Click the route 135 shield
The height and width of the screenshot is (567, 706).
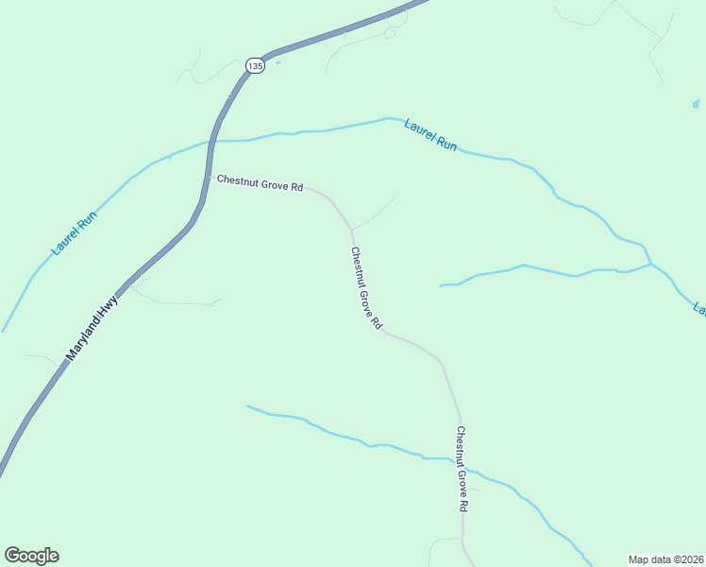(254, 65)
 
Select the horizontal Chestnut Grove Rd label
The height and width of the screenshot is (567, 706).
(260, 183)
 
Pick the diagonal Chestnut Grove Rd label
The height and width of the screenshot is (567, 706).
(365, 288)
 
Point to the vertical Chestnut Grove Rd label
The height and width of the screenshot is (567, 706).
(462, 469)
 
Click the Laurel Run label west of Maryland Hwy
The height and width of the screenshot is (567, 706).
(75, 233)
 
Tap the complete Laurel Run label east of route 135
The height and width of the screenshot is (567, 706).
(430, 135)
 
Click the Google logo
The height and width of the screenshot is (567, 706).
(31, 556)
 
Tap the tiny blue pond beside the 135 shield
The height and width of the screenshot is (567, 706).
(277, 63)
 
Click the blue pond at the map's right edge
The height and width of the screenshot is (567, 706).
(696, 103)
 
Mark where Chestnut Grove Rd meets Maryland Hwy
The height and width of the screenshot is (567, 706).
(209, 177)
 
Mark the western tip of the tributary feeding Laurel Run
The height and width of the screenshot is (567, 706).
(441, 285)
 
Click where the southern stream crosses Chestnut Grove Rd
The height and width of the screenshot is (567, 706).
(462, 467)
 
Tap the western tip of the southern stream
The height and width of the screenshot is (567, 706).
(247, 406)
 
